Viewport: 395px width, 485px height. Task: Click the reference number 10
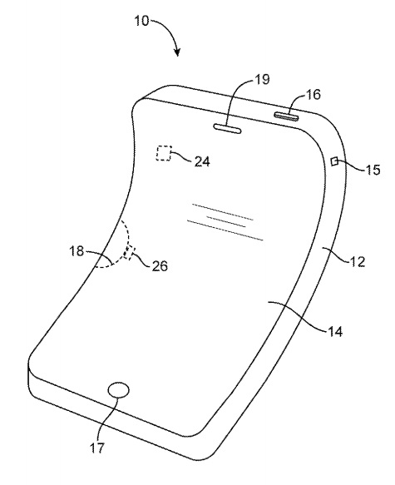(x=141, y=21)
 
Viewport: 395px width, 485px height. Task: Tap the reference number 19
(x=262, y=80)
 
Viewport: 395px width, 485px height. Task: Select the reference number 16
(x=314, y=94)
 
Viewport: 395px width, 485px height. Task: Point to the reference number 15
(x=373, y=170)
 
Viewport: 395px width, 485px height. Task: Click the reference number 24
(x=202, y=161)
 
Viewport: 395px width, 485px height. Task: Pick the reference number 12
(x=358, y=261)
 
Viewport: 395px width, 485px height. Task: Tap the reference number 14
(x=335, y=332)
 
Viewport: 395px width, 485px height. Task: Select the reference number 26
(x=160, y=265)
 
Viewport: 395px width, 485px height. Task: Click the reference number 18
(x=77, y=251)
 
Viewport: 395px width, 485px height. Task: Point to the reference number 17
(x=97, y=448)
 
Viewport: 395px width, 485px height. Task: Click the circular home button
(x=119, y=389)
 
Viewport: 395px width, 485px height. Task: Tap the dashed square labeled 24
(x=164, y=153)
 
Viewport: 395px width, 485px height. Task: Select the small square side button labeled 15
(x=334, y=161)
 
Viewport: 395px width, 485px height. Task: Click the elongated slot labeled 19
(x=227, y=129)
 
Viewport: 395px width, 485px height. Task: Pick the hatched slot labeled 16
(x=287, y=116)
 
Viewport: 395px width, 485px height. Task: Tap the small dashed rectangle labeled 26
(x=128, y=253)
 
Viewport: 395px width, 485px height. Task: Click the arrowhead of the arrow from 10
(x=177, y=53)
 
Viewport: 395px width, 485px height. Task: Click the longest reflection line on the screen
(x=225, y=230)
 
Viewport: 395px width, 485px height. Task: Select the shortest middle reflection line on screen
(x=226, y=222)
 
